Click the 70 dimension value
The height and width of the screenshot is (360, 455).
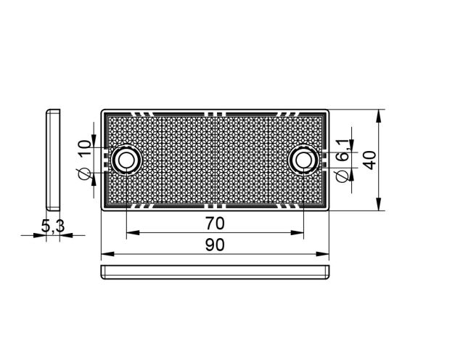point(215,224)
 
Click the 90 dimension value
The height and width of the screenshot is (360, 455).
point(215,245)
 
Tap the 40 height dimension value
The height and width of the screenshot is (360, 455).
point(370,160)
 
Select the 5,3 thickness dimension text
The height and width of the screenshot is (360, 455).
point(53,226)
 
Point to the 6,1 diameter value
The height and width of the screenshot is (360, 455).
point(343,150)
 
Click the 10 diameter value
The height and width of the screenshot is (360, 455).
point(85,148)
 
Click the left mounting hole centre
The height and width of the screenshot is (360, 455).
point(126,160)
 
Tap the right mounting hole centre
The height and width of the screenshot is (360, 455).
point(303,160)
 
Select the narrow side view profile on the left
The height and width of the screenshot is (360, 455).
point(54,160)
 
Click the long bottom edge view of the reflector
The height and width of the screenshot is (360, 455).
point(215,272)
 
